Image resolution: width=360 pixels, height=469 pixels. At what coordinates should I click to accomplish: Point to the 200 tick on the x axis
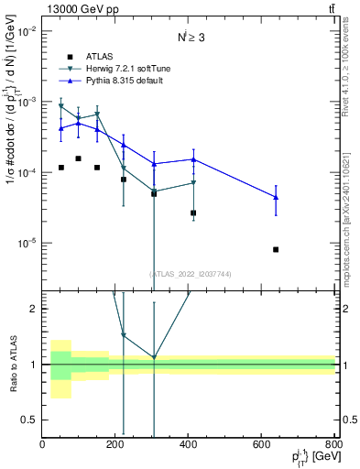[115, 444]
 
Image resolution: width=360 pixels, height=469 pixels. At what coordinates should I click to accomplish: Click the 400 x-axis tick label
[189, 444]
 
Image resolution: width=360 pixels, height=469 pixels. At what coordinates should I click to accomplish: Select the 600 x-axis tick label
[261, 444]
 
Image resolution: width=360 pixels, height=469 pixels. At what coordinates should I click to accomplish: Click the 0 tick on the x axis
[43, 444]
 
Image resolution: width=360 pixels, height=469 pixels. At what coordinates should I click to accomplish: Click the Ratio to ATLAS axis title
[13, 363]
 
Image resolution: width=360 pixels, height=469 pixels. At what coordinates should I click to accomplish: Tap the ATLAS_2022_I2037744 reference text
[189, 274]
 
